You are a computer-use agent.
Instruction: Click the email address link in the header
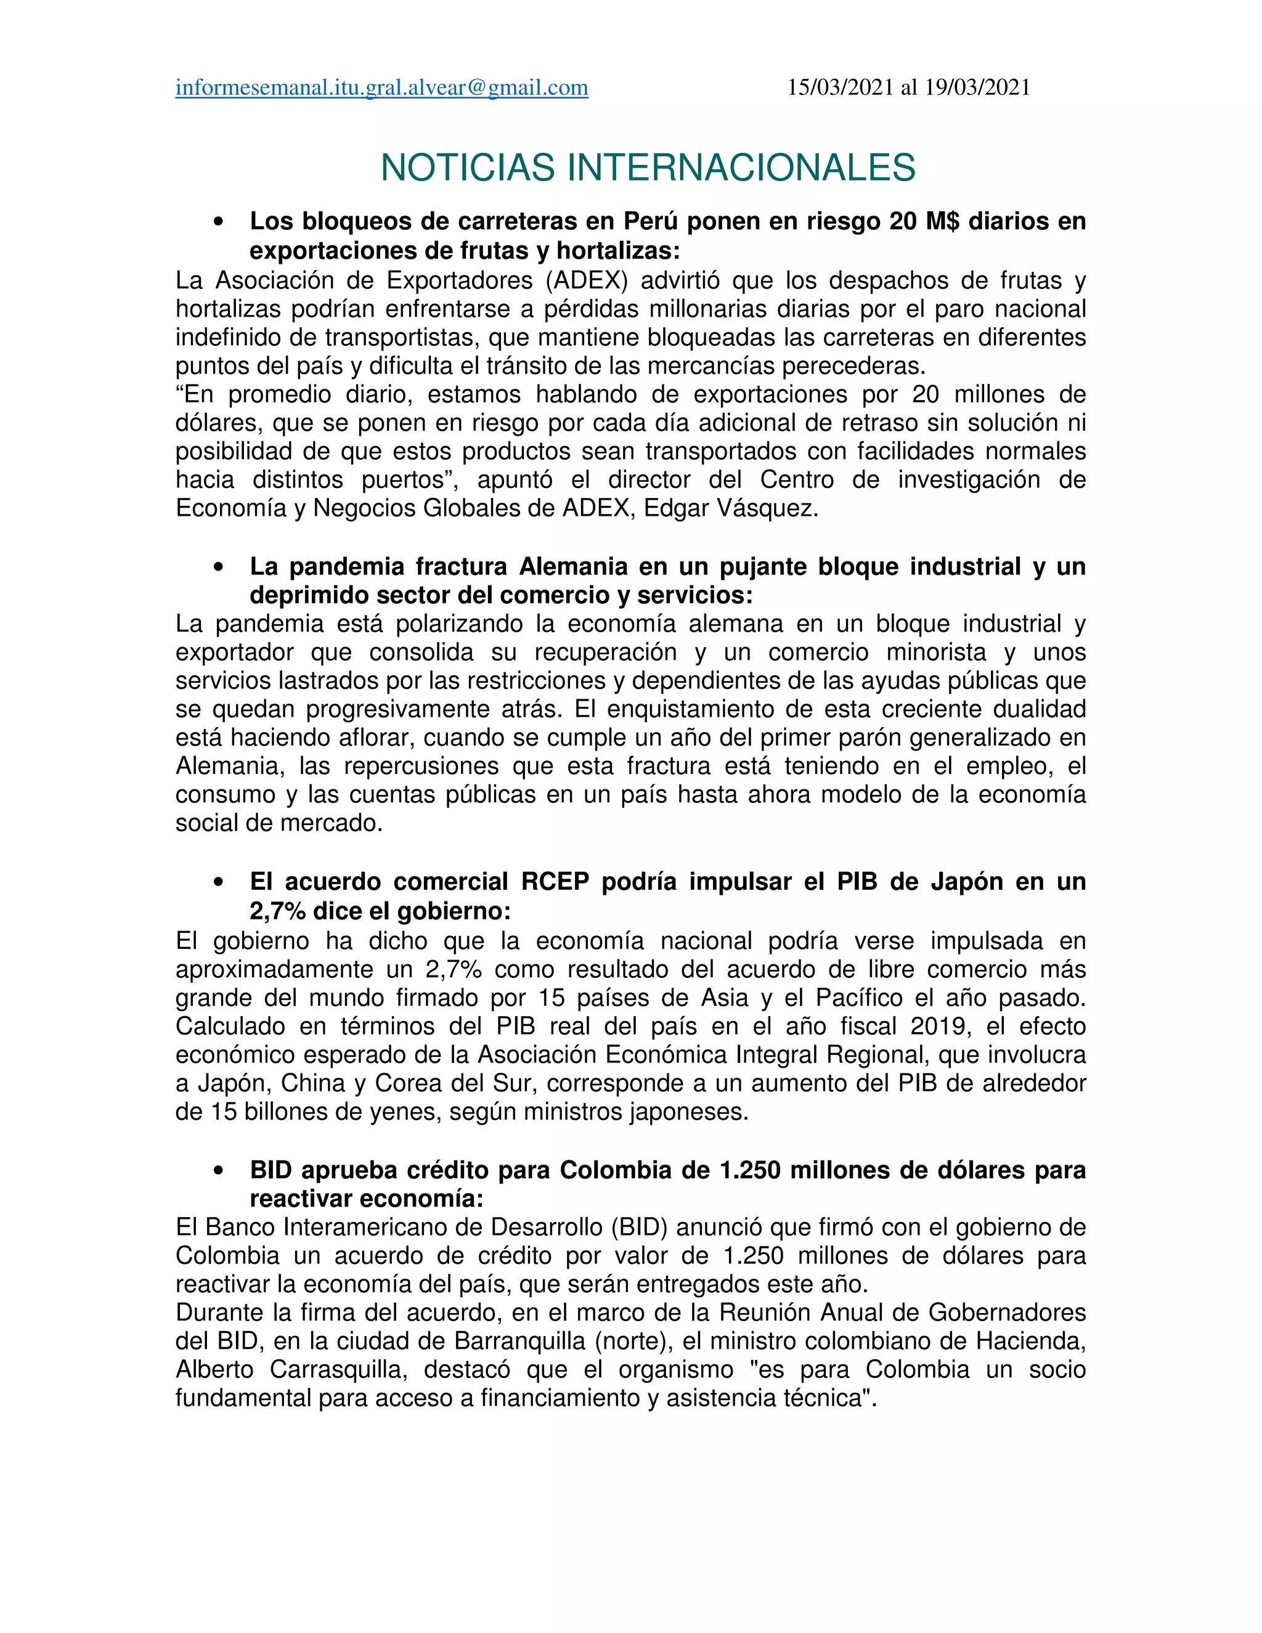click(381, 88)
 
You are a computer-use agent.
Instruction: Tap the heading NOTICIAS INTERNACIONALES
click(648, 168)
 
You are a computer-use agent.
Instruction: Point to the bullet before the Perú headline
click(219, 222)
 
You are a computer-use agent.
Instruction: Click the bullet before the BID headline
click(219, 1171)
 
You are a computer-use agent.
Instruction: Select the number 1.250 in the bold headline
click(749, 1170)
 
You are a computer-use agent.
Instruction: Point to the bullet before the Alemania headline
click(219, 568)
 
